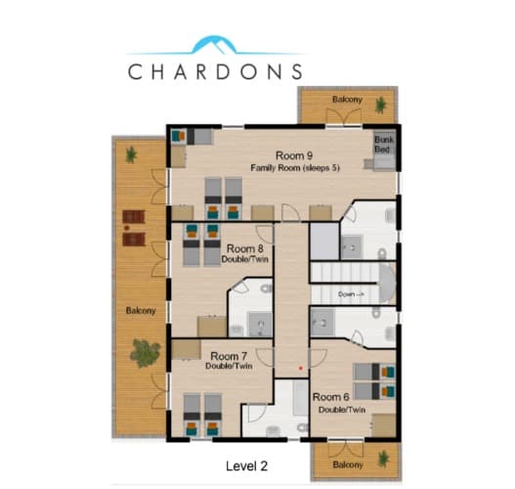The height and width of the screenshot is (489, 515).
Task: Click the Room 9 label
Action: point(294,156)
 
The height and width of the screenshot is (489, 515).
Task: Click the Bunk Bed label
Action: point(384,145)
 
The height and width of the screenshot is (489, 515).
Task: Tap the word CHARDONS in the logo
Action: point(215,71)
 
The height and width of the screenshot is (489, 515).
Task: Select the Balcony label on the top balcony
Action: point(346,100)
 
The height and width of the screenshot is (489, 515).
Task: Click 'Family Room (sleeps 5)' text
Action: point(294,167)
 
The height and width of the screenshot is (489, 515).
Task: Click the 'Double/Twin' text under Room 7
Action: point(229,366)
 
